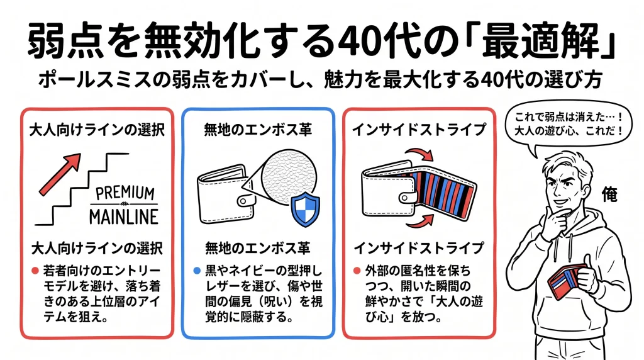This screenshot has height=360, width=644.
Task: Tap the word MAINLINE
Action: [124, 216]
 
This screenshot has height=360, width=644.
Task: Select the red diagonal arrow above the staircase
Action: [60, 173]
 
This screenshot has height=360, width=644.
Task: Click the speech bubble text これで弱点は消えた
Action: [563, 117]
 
